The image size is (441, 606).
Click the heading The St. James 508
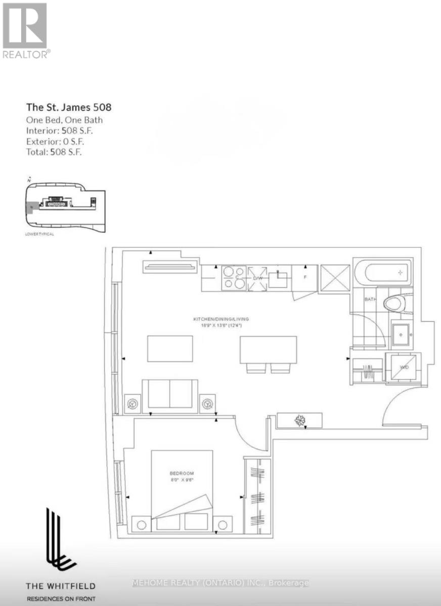pos(68,107)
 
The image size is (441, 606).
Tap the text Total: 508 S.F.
pos(54,151)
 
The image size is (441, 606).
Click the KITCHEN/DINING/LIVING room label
pos(221,319)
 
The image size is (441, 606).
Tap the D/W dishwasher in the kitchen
pos(257,278)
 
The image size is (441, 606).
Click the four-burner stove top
pos(234,278)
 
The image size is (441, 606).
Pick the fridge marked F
pos(305,277)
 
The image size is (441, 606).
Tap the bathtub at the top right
pos(382,273)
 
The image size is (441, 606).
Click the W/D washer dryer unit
pos(403,368)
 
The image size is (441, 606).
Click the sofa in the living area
pos(169,394)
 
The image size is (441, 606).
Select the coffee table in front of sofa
pos(169,348)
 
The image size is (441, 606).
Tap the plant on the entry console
pos(300,420)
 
